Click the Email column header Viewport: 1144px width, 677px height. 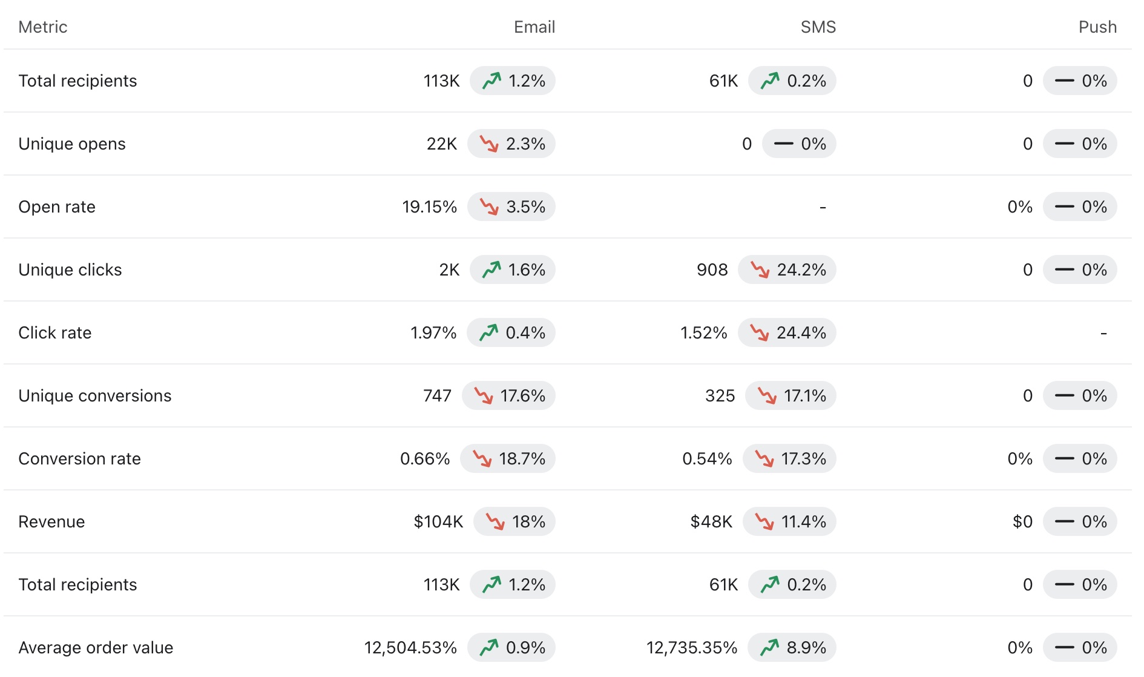tap(534, 27)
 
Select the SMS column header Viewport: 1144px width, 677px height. tap(818, 27)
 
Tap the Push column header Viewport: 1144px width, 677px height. tap(1097, 27)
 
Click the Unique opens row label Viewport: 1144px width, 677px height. tap(72, 144)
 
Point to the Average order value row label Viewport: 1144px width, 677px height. tap(96, 648)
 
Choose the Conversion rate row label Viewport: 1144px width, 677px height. tap(79, 459)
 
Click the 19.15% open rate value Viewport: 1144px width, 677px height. tap(429, 207)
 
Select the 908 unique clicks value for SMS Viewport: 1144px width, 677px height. tap(712, 270)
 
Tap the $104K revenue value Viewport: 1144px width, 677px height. tap(438, 522)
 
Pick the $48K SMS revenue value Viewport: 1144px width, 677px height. tap(711, 522)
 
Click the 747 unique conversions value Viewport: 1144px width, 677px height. tap(437, 396)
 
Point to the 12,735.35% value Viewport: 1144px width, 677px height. tap(691, 648)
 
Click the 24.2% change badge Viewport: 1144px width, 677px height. tap(787, 270)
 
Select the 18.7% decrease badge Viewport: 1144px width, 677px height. tap(508, 459)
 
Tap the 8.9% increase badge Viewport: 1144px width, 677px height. tap(792, 648)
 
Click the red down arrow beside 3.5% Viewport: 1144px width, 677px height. tap(489, 207)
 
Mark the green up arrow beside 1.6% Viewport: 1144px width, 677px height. tap(491, 269)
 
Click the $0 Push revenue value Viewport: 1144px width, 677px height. tap(1022, 522)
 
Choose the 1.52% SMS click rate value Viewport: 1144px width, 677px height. tap(703, 333)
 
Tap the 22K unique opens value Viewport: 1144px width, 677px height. tap(441, 144)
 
